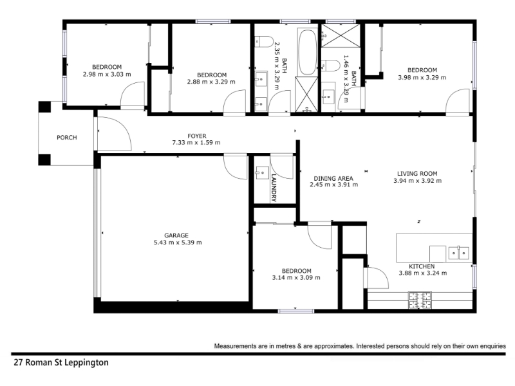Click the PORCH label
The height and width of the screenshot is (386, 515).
pos(67,138)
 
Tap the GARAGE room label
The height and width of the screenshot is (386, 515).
pos(176,235)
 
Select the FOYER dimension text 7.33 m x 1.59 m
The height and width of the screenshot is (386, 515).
pos(196,143)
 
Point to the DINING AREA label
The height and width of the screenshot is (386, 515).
pos(333,179)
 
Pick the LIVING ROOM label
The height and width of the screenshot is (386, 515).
pos(417,174)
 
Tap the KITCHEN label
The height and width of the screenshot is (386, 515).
pos(422,266)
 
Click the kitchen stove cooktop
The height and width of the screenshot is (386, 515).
pos(420,300)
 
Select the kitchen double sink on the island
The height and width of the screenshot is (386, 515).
pos(458,253)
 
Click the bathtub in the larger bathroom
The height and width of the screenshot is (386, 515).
pos(308,52)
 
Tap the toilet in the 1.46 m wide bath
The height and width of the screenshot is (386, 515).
pos(330,66)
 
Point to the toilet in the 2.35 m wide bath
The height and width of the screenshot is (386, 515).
pos(264,42)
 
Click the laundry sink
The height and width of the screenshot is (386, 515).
pos(262,172)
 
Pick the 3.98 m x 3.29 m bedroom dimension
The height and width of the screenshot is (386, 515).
pos(422,78)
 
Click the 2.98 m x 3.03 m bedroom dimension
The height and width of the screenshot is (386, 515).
pos(107,75)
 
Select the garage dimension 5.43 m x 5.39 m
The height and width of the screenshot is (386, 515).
pos(178,243)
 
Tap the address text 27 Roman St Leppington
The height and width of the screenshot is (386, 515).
pos(61,363)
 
